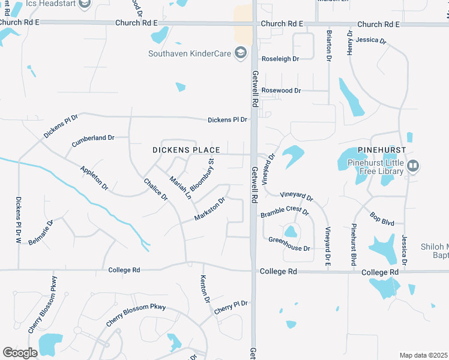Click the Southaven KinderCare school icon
click(x=241, y=54)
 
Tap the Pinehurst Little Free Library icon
click(x=412, y=165)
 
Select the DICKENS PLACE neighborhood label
click(x=185, y=150)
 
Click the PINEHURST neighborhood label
click(x=381, y=149)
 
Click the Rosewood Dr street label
click(x=281, y=91)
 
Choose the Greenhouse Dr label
click(x=289, y=248)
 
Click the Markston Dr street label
click(x=209, y=209)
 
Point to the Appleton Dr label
click(x=94, y=178)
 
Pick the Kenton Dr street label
click(x=205, y=289)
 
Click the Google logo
click(x=20, y=353)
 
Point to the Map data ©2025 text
click(x=423, y=355)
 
